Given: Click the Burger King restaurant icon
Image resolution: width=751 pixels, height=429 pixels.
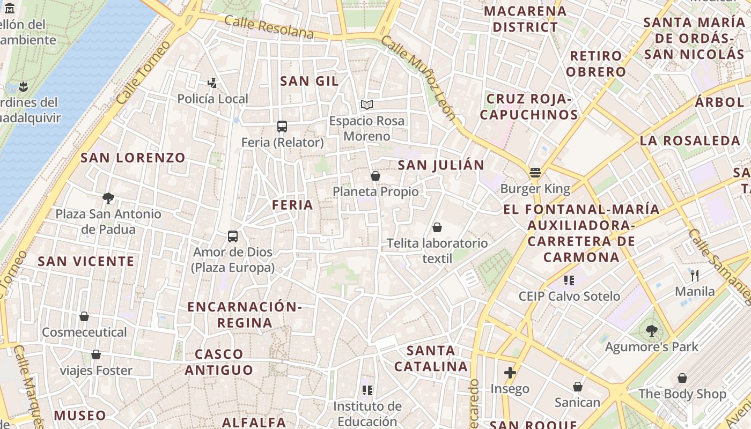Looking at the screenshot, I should [535, 173].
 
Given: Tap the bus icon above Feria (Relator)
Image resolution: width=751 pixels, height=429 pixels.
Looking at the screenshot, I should [282, 127].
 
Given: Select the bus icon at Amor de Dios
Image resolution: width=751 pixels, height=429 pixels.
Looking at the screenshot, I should [233, 236].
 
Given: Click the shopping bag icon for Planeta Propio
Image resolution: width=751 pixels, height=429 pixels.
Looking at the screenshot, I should [376, 176].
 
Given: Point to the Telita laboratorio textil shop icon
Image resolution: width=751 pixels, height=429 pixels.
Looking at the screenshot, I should [437, 227].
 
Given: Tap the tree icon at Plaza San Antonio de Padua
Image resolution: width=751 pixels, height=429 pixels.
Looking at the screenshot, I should [108, 198].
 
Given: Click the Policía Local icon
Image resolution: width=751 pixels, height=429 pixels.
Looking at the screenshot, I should [213, 83].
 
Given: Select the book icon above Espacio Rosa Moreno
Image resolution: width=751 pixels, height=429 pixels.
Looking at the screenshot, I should [367, 105].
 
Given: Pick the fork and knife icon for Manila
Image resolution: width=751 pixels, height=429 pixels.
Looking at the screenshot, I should [695, 276].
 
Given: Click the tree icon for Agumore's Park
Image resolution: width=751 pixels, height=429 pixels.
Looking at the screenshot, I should [652, 331].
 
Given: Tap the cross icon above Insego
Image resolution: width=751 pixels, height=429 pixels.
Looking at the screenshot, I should [510, 373].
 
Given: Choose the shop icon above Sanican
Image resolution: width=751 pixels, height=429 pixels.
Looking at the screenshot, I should [578, 387].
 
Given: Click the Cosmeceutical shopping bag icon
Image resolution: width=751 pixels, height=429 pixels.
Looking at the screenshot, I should [84, 316].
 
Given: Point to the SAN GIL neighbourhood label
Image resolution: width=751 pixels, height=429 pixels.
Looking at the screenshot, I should [310, 81].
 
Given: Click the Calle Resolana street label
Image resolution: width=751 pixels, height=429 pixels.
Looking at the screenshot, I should [269, 27].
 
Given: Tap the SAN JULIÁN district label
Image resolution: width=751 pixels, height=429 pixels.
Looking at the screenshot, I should [441, 165].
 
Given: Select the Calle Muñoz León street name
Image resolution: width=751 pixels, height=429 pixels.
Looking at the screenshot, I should [418, 77].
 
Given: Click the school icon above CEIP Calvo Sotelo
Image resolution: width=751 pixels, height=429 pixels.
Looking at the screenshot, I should [569, 280].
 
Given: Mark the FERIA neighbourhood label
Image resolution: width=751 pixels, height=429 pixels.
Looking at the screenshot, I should [292, 205].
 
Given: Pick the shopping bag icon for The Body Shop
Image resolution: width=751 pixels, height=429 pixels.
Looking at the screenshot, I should [682, 378].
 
